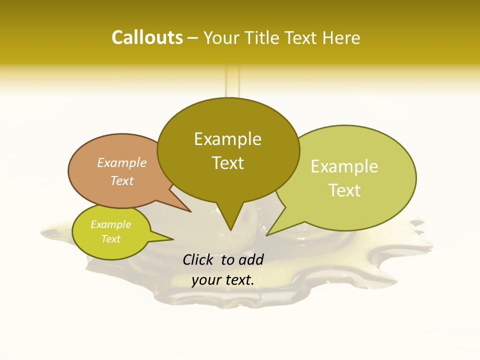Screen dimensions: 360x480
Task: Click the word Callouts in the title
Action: tap(147, 37)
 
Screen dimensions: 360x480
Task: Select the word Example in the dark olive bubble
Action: tap(227, 139)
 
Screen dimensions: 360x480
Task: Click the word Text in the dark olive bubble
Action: tap(227, 163)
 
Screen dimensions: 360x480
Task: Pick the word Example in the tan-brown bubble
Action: tap(121, 162)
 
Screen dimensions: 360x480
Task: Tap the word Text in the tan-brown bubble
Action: tap(121, 180)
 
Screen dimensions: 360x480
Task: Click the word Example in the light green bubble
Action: tap(344, 166)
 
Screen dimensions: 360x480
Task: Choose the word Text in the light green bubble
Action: tap(344, 190)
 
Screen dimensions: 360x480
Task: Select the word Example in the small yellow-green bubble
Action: tap(110, 224)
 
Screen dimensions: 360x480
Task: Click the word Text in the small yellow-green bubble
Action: tap(110, 239)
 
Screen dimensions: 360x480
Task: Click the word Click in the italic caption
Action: tap(198, 259)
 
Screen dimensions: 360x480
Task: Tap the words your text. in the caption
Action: tap(222, 280)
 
